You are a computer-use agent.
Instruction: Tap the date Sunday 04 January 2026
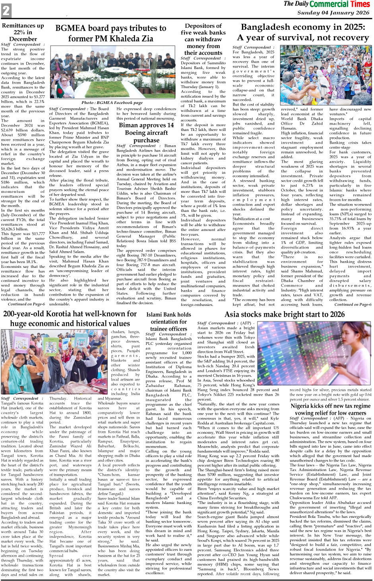(x=333, y=13)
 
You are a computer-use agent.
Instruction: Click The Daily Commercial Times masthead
(x=327, y=4)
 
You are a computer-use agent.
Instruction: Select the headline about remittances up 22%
(x=23, y=32)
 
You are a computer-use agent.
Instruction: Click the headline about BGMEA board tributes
(x=110, y=33)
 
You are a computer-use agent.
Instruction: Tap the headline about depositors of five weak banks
(x=203, y=39)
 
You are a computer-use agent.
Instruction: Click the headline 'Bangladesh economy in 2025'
(x=303, y=32)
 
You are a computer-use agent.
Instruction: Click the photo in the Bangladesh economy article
(x=326, y=75)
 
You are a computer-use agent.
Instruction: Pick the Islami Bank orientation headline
(x=169, y=321)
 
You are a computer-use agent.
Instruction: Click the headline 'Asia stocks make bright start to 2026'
(x=284, y=314)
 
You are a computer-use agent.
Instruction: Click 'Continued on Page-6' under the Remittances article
(x=26, y=304)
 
